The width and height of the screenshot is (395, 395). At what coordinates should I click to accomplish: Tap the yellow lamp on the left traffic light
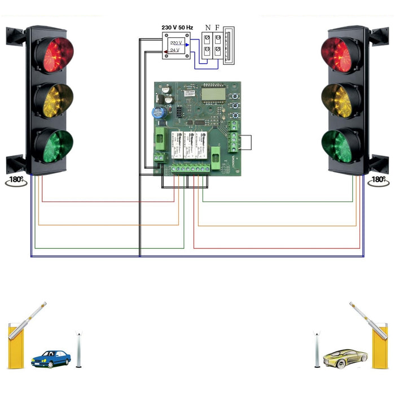pos(54,99)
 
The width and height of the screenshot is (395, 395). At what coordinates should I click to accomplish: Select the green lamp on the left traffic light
pos(54,146)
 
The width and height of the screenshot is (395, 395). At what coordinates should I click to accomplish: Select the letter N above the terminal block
pos(208,27)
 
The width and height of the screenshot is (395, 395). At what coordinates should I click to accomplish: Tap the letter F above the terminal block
pos(218,27)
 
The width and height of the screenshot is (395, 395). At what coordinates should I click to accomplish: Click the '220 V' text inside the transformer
pos(176,43)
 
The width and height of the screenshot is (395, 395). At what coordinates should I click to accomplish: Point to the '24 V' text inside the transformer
pos(176,51)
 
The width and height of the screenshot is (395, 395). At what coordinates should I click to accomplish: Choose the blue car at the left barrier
pos(51,358)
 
